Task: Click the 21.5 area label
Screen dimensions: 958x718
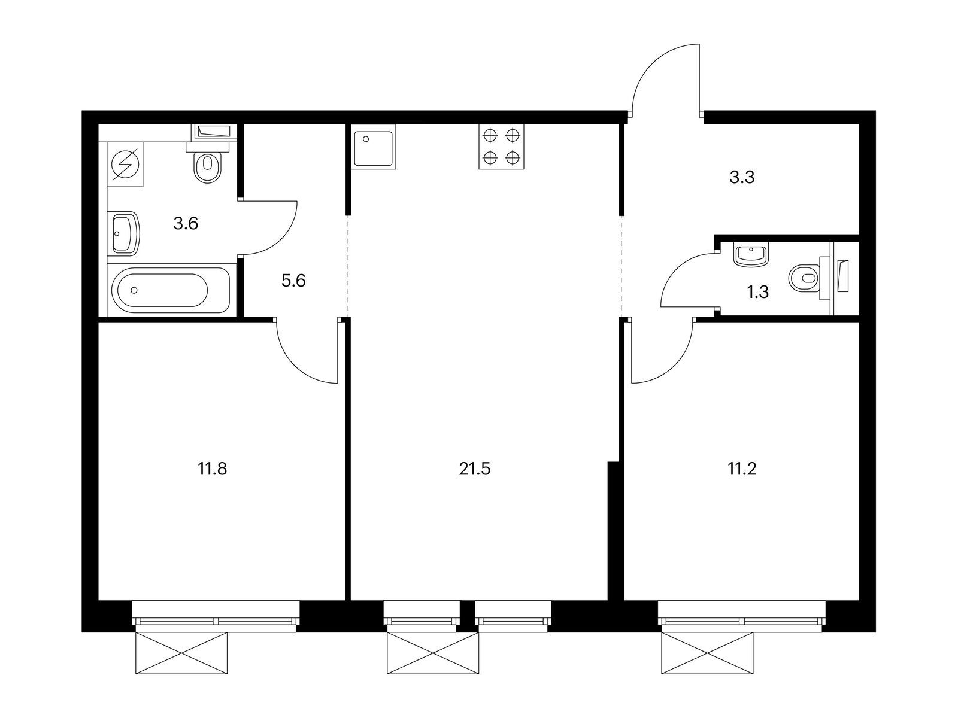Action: coord(475,469)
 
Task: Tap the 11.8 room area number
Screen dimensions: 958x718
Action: coord(212,469)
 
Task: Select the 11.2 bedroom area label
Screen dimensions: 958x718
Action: coord(742,469)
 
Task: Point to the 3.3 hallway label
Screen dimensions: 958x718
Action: coord(742,178)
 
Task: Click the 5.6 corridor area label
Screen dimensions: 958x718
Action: coord(293,281)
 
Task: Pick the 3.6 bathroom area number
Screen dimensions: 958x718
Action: coord(186,224)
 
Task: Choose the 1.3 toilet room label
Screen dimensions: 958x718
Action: coord(757,291)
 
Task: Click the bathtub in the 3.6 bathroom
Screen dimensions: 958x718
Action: coord(171,290)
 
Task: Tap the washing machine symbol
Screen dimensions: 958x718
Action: coord(125,165)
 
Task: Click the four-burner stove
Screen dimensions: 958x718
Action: coord(501,147)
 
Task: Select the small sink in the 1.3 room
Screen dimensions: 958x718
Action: coord(751,255)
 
